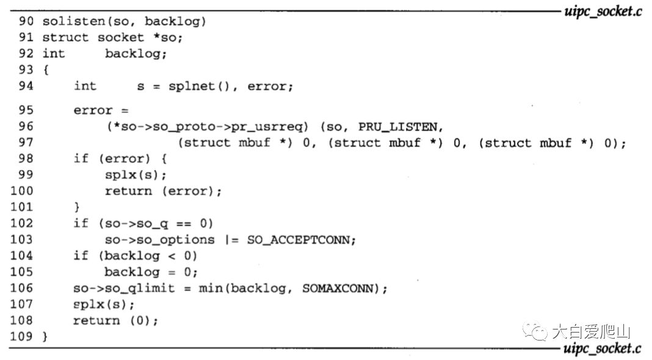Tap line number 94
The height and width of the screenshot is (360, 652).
point(26,86)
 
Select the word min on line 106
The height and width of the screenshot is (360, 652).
point(211,288)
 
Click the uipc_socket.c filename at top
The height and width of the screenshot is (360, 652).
point(602,12)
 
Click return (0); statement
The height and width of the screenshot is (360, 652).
point(115,320)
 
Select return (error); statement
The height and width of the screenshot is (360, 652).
point(163,192)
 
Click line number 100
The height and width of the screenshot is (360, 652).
point(22,192)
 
